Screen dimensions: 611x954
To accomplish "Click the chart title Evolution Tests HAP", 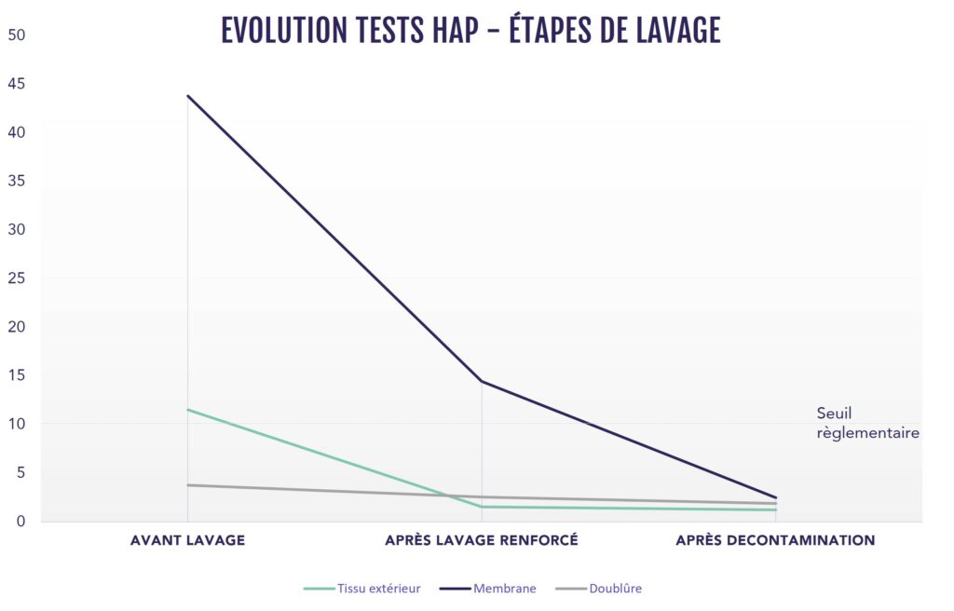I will [x=470, y=31].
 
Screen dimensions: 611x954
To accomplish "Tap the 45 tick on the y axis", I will [x=17, y=84].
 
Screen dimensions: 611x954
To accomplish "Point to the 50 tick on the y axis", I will [x=17, y=35].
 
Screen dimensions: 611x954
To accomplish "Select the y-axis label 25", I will [x=17, y=278].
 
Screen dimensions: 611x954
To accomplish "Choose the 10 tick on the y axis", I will [x=17, y=424].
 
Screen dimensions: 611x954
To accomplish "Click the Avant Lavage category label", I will [x=187, y=540].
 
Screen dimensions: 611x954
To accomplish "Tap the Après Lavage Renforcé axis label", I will [x=482, y=540].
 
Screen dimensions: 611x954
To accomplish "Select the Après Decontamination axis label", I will [x=775, y=540].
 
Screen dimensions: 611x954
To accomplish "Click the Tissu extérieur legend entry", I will [x=363, y=589].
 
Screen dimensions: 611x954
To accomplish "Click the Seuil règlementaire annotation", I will [x=867, y=423].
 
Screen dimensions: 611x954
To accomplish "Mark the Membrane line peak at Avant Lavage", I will [x=187, y=96].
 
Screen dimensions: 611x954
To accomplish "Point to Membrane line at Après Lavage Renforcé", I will [x=482, y=381].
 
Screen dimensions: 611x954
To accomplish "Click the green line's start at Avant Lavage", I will [x=187, y=410].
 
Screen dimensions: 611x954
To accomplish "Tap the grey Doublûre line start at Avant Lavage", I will [x=187, y=485].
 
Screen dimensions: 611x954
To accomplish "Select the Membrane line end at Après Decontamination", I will [x=775, y=497].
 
